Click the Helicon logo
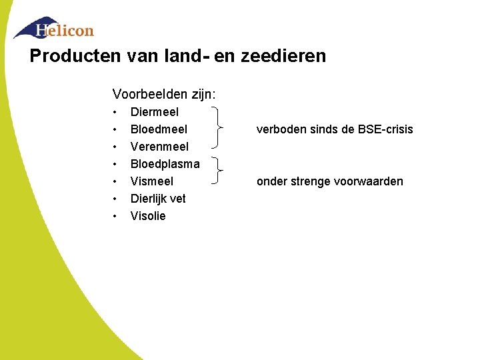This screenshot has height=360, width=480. tap(55, 29)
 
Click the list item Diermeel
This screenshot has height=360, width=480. tap(155, 112)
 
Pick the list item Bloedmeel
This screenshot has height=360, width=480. tap(159, 129)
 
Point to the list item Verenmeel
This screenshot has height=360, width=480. tap(159, 147)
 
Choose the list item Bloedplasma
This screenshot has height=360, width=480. tap(165, 164)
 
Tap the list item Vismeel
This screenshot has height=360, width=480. tap(152, 181)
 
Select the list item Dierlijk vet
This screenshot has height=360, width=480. tap(158, 199)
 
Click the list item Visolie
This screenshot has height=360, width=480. tap(148, 216)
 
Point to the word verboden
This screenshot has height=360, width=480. tap(278, 129)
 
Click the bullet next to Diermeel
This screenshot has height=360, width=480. tap(115, 112)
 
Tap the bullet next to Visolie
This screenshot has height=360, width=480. tap(115, 216)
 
